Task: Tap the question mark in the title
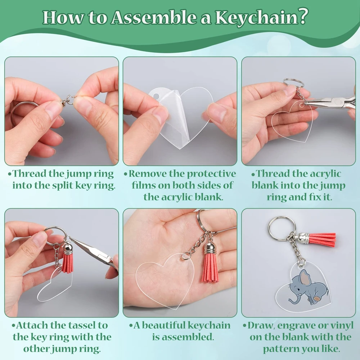(x=303, y=17)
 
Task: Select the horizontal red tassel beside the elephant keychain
(x=321, y=239)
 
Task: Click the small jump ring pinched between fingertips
(x=69, y=98)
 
